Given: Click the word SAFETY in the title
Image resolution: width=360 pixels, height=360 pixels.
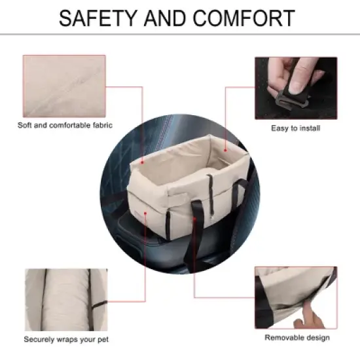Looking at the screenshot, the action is (x=98, y=18).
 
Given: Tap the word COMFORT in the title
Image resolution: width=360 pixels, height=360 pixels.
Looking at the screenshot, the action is (x=244, y=18).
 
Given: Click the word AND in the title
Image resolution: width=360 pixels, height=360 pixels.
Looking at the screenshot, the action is (x=165, y=18).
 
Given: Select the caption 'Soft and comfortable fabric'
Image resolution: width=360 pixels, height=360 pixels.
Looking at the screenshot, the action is (x=65, y=126).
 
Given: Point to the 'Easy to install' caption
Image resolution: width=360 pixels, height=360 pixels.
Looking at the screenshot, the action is (x=296, y=128).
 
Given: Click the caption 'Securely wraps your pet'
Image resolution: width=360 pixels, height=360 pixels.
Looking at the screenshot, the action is (x=66, y=340).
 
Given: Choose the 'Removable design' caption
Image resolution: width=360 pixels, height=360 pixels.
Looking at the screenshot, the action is (x=297, y=338).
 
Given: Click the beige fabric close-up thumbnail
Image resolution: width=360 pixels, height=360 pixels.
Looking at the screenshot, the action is (x=64, y=86).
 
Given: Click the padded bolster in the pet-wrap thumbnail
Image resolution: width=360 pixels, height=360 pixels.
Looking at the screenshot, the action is (x=67, y=300).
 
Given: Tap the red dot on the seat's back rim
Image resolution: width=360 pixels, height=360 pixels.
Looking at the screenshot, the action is (x=142, y=162).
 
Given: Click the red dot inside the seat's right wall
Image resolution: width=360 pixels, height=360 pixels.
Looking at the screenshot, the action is (x=225, y=151).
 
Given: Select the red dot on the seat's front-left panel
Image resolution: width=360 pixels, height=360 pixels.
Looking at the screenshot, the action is (x=145, y=213).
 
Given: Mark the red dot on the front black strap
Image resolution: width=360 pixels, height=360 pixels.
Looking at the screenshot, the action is (x=194, y=219).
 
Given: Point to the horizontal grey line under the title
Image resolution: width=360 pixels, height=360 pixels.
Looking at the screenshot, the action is (x=180, y=35).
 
